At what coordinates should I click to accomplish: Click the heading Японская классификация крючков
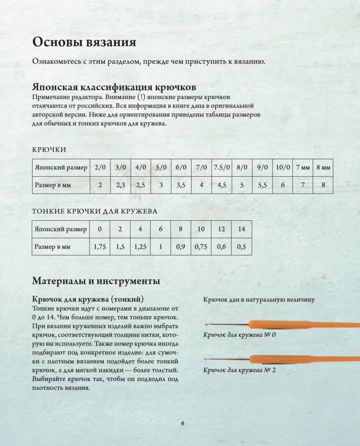tap(115, 87)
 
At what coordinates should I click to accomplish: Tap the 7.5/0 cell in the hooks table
tap(221, 168)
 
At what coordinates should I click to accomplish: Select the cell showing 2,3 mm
tap(119, 185)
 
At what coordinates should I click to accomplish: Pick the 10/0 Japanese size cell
tap(282, 168)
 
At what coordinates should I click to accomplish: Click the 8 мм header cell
tap(323, 168)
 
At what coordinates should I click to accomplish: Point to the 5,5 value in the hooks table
tap(262, 185)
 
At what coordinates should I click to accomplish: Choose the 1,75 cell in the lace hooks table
tap(100, 246)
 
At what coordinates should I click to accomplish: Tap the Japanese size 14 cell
tap(241, 229)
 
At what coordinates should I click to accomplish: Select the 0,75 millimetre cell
tap(201, 246)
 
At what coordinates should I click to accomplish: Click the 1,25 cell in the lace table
tap(140, 246)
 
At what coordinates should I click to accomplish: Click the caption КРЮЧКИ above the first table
tap(49, 149)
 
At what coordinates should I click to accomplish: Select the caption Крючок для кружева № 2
tap(240, 370)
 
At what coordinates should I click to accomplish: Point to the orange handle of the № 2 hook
tap(307, 358)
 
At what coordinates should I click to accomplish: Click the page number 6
tap(183, 424)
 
